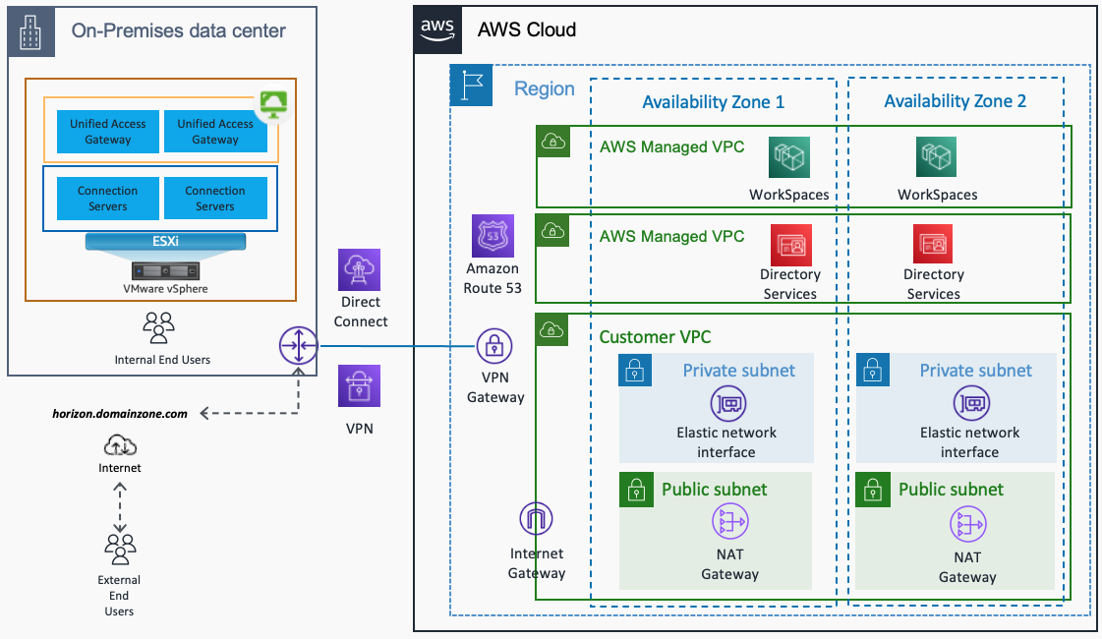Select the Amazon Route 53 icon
(492, 236)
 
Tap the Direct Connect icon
(359, 269)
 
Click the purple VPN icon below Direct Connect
(359, 385)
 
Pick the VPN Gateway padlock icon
(494, 346)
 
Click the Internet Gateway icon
(536, 519)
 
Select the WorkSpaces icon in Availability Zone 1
(789, 157)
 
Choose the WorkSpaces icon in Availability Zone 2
(937, 157)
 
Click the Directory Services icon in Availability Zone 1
(789, 244)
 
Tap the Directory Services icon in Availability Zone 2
(933, 244)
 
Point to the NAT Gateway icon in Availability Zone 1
(729, 524)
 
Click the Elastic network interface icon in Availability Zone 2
(970, 403)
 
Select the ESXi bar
(165, 241)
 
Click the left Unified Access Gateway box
(107, 132)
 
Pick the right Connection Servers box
(215, 199)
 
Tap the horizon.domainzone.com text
(120, 414)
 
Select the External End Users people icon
(120, 548)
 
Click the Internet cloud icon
(120, 444)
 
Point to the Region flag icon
(471, 86)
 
